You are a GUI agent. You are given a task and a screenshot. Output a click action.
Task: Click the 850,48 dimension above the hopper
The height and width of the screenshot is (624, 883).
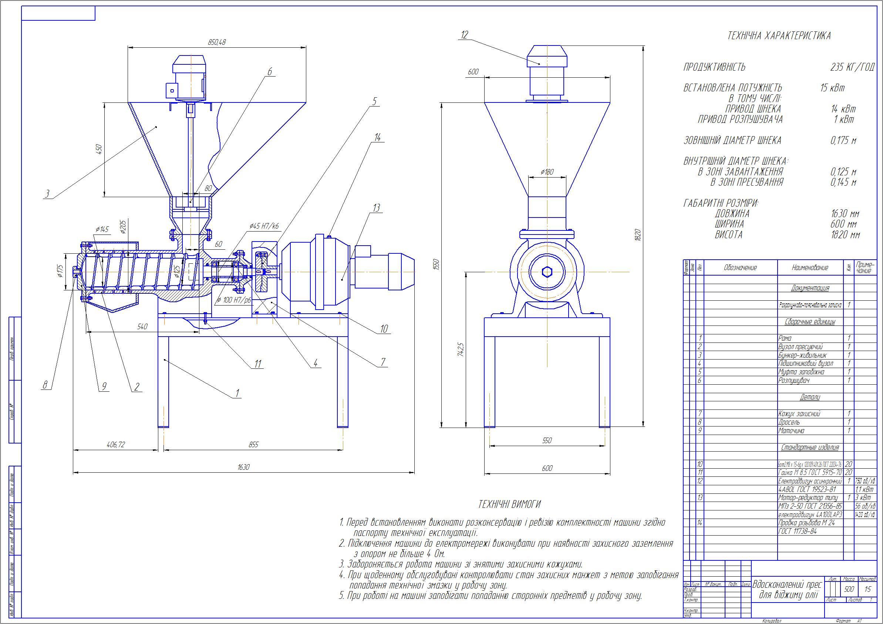click(x=216, y=42)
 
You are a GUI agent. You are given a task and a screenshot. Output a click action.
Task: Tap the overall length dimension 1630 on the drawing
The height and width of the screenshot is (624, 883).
click(x=243, y=467)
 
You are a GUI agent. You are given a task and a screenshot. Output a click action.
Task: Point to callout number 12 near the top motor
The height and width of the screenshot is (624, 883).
click(x=464, y=35)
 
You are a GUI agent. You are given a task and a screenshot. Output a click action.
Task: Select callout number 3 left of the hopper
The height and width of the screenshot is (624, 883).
click(x=47, y=194)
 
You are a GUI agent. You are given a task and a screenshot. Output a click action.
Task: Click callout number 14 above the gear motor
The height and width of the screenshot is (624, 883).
click(x=377, y=137)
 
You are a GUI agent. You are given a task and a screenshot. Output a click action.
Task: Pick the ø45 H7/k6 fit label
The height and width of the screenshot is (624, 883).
click(x=264, y=226)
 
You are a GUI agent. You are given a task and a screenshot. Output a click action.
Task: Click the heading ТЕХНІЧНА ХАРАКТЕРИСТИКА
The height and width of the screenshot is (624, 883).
click(x=779, y=36)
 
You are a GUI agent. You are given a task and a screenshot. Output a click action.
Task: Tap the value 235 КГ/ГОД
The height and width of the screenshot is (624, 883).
click(x=852, y=67)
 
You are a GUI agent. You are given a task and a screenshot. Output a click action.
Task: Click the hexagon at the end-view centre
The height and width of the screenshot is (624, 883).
click(x=547, y=272)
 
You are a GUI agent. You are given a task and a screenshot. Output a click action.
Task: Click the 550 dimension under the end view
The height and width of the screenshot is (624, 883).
click(x=546, y=441)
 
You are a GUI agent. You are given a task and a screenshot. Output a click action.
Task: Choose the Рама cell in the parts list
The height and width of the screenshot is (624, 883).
click(x=785, y=338)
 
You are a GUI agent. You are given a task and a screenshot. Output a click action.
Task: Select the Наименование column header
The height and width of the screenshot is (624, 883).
click(x=809, y=267)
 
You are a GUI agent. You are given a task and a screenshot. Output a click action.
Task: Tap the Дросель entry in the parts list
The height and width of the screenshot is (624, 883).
click(x=789, y=422)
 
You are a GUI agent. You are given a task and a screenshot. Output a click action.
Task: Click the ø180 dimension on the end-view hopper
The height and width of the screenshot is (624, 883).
click(x=547, y=172)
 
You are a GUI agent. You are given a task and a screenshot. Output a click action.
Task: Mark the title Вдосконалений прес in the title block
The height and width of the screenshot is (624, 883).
click(x=787, y=585)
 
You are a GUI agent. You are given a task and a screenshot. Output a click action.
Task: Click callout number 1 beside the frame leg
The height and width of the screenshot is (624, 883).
click(x=237, y=393)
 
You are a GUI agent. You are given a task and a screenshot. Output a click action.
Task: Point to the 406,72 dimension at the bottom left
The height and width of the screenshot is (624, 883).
click(x=115, y=445)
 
